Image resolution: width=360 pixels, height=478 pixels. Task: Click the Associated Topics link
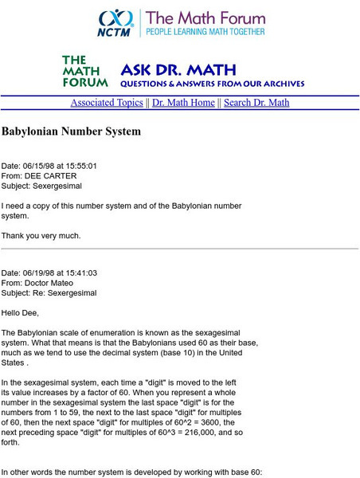[x=107, y=103]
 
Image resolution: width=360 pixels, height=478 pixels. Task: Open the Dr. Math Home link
[x=183, y=103]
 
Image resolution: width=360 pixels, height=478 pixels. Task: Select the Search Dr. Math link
[x=256, y=103]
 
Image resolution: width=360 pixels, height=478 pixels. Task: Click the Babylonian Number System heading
[x=71, y=131]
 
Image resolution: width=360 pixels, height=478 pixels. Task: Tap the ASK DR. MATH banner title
[x=162, y=69]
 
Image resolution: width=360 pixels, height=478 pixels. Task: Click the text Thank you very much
[x=41, y=235]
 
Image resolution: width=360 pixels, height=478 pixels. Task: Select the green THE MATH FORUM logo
[x=82, y=71]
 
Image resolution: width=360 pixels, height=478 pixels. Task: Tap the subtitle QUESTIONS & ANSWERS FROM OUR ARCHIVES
[x=212, y=83]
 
